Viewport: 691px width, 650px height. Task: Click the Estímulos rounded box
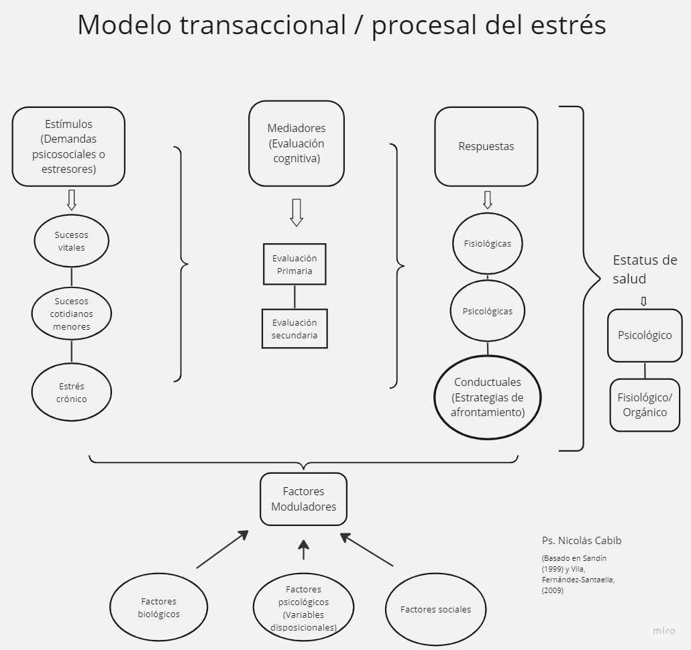tap(68, 147)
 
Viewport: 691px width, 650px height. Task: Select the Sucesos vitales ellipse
tap(71, 241)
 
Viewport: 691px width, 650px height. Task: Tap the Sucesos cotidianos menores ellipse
tap(71, 314)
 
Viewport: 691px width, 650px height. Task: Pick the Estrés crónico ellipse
tap(71, 392)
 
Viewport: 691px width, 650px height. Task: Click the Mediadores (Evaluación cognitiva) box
tap(296, 143)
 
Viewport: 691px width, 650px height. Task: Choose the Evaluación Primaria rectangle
tap(295, 264)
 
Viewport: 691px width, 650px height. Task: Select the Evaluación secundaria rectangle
tap(295, 329)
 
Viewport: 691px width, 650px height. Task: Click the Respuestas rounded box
tap(486, 147)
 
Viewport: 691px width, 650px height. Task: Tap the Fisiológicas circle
tap(488, 244)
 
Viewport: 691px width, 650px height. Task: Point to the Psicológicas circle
tap(488, 311)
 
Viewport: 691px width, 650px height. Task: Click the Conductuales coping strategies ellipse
tap(488, 397)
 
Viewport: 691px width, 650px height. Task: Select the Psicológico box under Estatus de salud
tap(645, 335)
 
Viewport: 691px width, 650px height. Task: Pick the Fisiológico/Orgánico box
tap(645, 405)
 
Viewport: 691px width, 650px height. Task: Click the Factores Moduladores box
tap(304, 499)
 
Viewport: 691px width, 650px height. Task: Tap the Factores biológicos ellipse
tap(158, 607)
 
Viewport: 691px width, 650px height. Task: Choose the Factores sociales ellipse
tap(435, 610)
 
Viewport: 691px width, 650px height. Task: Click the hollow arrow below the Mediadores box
tap(296, 212)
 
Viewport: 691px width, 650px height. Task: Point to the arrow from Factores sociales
tap(367, 549)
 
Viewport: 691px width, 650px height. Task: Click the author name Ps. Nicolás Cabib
tap(582, 540)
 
